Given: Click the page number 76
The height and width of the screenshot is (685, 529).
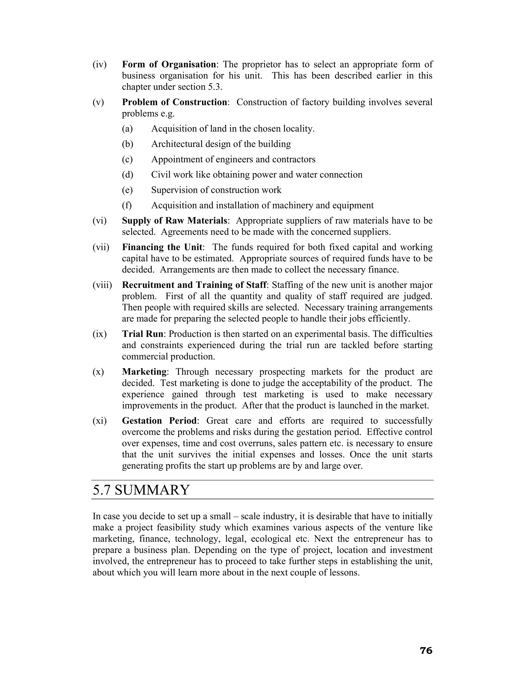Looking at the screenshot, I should click(426, 651).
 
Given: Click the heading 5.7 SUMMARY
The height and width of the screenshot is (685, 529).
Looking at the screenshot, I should click(141, 490).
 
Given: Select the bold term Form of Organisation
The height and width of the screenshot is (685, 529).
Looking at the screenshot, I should click(169, 64).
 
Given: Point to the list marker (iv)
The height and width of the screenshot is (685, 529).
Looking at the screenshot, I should click(99, 65).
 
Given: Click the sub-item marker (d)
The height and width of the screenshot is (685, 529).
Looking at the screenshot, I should click(127, 175).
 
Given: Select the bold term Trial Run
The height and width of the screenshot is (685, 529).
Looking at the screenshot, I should click(143, 334).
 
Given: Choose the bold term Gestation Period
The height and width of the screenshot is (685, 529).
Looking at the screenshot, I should click(159, 421).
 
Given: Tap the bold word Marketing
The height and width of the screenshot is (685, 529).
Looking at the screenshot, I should click(144, 372).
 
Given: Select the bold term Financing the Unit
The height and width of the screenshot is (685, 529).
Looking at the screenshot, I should click(162, 247).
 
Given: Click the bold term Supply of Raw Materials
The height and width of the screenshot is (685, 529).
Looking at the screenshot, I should click(174, 220).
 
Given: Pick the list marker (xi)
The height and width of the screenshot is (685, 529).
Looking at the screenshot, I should click(99, 421).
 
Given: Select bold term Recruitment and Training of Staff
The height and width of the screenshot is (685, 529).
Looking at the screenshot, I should click(194, 285).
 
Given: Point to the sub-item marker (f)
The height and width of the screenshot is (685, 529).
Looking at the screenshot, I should click(127, 205).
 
